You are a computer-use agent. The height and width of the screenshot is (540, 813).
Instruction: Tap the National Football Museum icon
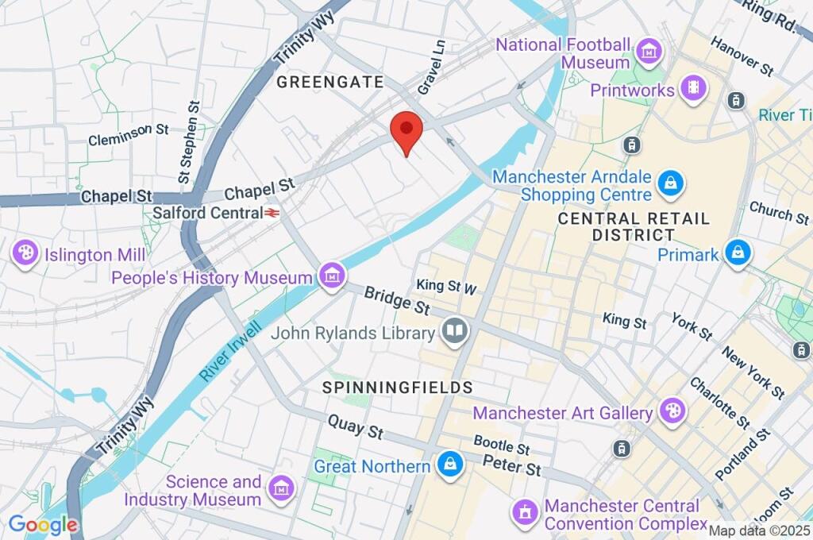pyautogui.click(x=649, y=52)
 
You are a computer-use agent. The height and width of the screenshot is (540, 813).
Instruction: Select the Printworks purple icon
pyautogui.click(x=694, y=89)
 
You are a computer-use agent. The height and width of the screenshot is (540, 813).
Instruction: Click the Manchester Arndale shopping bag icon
pyautogui.click(x=672, y=184)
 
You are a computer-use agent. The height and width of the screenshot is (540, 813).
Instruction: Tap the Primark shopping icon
pyautogui.click(x=738, y=253)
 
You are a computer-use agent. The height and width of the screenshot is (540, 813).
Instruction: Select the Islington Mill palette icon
pyautogui.click(x=26, y=254)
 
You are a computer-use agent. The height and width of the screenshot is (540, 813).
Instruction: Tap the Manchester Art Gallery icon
pyautogui.click(x=672, y=412)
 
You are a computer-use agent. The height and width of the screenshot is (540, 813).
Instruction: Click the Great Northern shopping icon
pyautogui.click(x=450, y=465)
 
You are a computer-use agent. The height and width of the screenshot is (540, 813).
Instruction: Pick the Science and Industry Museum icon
pyautogui.click(x=280, y=490)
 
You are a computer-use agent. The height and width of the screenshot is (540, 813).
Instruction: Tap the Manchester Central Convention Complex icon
pyautogui.click(x=524, y=514)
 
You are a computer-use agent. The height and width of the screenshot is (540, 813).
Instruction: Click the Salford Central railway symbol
pyautogui.click(x=272, y=213)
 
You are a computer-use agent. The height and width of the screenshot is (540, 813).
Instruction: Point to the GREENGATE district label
pyautogui.click(x=329, y=82)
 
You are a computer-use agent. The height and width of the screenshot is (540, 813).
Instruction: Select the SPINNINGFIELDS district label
pyautogui.click(x=397, y=388)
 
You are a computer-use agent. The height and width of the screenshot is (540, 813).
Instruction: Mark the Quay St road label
pyautogui.click(x=356, y=426)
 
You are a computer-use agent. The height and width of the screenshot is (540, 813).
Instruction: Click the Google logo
pyautogui.click(x=43, y=525)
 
